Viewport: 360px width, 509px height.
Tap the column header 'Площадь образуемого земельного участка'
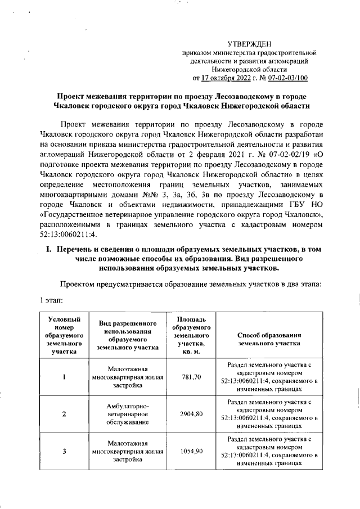click(x=191, y=335)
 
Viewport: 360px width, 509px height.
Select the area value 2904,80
click(x=191, y=414)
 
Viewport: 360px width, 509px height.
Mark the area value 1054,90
click(x=191, y=451)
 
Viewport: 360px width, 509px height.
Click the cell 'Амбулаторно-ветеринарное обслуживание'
click(x=127, y=414)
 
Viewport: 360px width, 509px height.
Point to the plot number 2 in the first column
click(x=64, y=414)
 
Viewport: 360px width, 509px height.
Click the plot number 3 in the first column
click(x=64, y=451)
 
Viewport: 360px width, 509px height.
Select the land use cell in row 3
click(x=127, y=451)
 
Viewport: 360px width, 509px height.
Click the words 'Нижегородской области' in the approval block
click(x=250, y=69)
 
